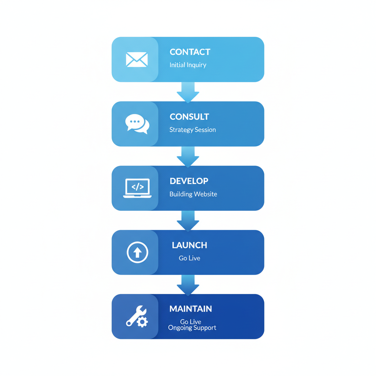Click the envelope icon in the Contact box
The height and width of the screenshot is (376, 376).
pos(137,59)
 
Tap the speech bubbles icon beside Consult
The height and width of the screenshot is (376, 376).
pos(137,124)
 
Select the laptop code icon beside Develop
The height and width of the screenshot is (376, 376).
pos(137,188)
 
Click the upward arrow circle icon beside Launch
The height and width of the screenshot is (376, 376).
pos(137,252)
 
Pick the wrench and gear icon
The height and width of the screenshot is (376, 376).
pos(137,317)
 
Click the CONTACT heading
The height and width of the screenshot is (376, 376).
pos(190,52)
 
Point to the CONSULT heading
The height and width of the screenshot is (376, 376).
pos(189,117)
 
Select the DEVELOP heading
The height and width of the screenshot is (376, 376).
pos(189,181)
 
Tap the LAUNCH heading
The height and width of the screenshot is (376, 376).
pos(189,245)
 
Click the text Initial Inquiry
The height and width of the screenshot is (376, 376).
pos(188,65)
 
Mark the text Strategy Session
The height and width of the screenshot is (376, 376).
pos(192,130)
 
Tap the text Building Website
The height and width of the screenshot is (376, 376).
pos(193,194)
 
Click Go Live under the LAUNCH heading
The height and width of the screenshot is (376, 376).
pos(189,258)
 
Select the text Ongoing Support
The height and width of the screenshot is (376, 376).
pos(192,328)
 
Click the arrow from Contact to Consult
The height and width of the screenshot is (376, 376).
pos(188,92)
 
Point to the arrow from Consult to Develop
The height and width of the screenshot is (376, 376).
pos(188,156)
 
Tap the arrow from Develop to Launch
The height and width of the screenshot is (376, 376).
pos(188,220)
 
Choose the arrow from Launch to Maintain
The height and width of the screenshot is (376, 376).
pos(188,285)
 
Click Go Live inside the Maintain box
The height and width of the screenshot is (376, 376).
pos(191,322)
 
